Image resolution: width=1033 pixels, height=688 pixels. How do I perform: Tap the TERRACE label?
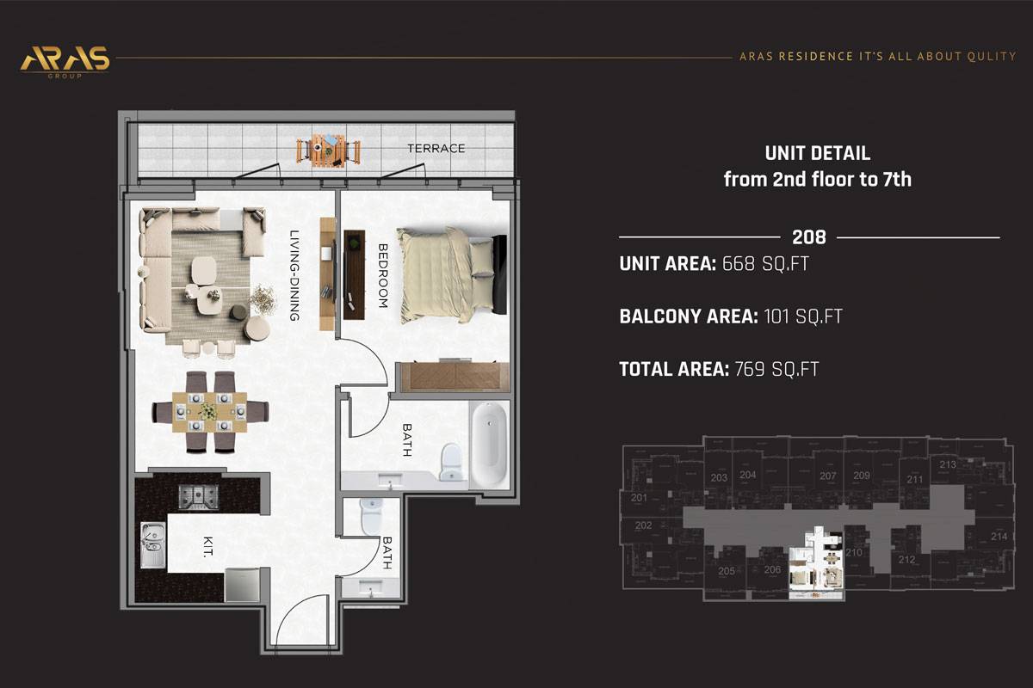pos(436,149)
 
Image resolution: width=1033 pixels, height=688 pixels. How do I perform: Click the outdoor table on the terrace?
pos(328,150)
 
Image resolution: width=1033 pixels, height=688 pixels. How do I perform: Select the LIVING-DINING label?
pos(294,275)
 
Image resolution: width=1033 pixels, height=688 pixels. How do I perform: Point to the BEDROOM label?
pos(383,275)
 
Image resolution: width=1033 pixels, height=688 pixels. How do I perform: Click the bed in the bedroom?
pos(451,274)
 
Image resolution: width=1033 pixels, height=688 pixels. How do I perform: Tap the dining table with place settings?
pos(210,412)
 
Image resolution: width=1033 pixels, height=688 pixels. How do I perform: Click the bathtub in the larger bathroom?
pos(490,444)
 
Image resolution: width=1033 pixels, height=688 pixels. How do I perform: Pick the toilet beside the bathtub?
pos(450,462)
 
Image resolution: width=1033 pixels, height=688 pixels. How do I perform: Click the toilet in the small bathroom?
pos(372,516)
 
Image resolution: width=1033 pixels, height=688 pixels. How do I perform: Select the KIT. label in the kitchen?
pos(208,547)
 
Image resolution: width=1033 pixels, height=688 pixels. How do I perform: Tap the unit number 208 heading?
pos(809,237)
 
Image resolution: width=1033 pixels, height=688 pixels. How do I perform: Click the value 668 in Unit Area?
pos(739,263)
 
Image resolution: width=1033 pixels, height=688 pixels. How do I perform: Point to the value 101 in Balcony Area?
pos(776,316)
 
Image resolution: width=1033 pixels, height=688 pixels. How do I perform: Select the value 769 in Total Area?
pos(750,369)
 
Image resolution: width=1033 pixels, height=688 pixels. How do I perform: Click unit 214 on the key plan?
pos(999,536)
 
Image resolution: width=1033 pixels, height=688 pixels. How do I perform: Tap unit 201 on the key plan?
pos(639,498)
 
